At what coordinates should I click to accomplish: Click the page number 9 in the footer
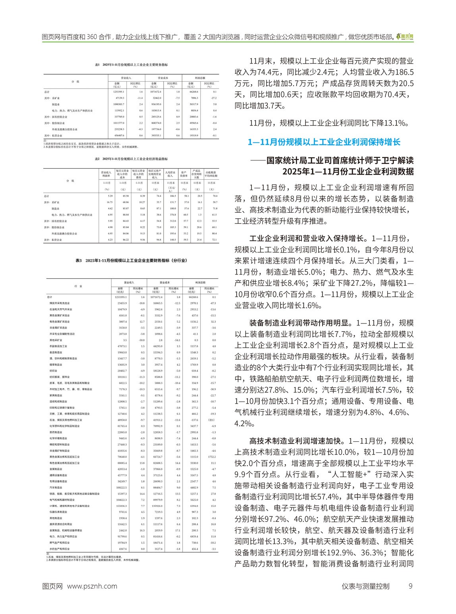tap(411, 586)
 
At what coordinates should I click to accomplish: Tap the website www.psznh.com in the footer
tap(93, 586)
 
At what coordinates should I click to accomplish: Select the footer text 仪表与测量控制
tap(365, 586)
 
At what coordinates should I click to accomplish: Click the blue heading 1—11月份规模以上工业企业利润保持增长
tap(324, 142)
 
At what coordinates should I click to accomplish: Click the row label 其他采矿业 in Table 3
tap(56, 340)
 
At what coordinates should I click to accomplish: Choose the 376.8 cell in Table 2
tap(172, 215)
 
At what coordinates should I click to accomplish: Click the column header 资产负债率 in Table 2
tap(184, 174)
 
